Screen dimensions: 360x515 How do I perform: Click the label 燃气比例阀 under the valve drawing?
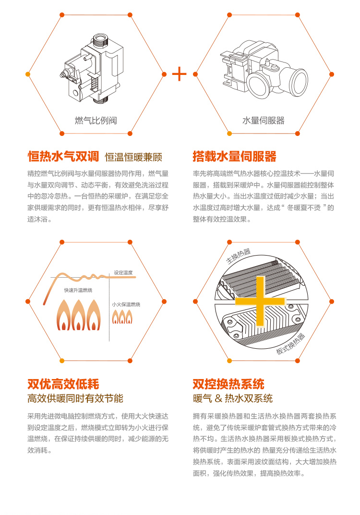point(96,121)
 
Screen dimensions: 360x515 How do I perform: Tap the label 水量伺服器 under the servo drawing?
point(264,121)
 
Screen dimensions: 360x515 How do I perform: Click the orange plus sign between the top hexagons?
point(179,74)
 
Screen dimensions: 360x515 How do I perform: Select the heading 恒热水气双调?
point(63,156)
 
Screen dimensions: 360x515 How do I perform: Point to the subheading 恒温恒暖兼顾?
point(133,157)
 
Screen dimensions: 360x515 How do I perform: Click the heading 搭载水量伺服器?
point(235,156)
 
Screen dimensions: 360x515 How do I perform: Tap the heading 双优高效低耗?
point(63,384)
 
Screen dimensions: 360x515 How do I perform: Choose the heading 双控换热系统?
point(228,384)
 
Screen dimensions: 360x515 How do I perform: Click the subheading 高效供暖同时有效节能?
point(75,398)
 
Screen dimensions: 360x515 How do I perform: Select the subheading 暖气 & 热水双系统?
point(233,398)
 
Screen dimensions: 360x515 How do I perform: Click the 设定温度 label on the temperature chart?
point(123,272)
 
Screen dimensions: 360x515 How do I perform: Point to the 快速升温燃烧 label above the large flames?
point(78,290)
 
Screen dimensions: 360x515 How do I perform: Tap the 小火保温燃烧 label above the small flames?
point(126,305)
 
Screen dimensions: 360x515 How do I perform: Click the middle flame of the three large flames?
point(78,315)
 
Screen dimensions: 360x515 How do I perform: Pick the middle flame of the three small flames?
point(122,317)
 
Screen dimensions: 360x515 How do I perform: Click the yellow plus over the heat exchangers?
point(260,301)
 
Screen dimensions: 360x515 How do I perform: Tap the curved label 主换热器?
point(239,256)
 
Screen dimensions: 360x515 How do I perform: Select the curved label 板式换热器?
point(290,344)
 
